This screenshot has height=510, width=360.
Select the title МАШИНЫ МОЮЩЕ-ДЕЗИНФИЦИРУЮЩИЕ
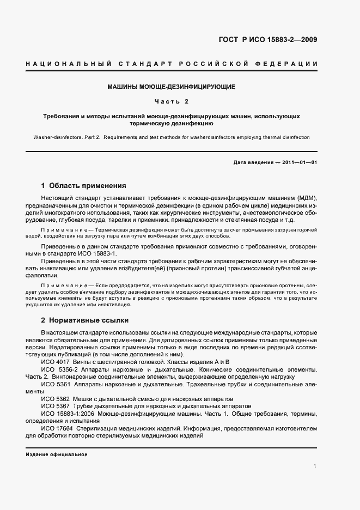[171, 87]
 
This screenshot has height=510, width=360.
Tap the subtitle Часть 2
[171, 101]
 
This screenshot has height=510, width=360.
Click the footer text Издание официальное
[56, 454]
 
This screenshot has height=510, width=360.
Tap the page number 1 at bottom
[315, 466]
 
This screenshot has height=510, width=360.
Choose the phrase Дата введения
[252, 162]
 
